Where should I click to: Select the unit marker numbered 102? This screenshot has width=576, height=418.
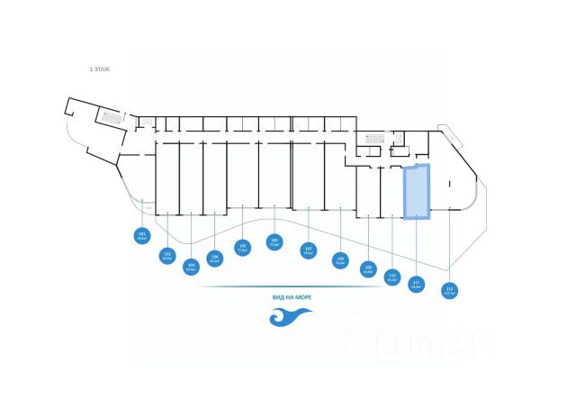(x=167, y=256)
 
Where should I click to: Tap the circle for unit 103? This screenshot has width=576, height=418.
(x=191, y=266)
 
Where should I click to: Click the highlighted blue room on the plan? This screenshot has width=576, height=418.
(x=416, y=192)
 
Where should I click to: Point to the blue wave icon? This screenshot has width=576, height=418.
(x=290, y=317)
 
